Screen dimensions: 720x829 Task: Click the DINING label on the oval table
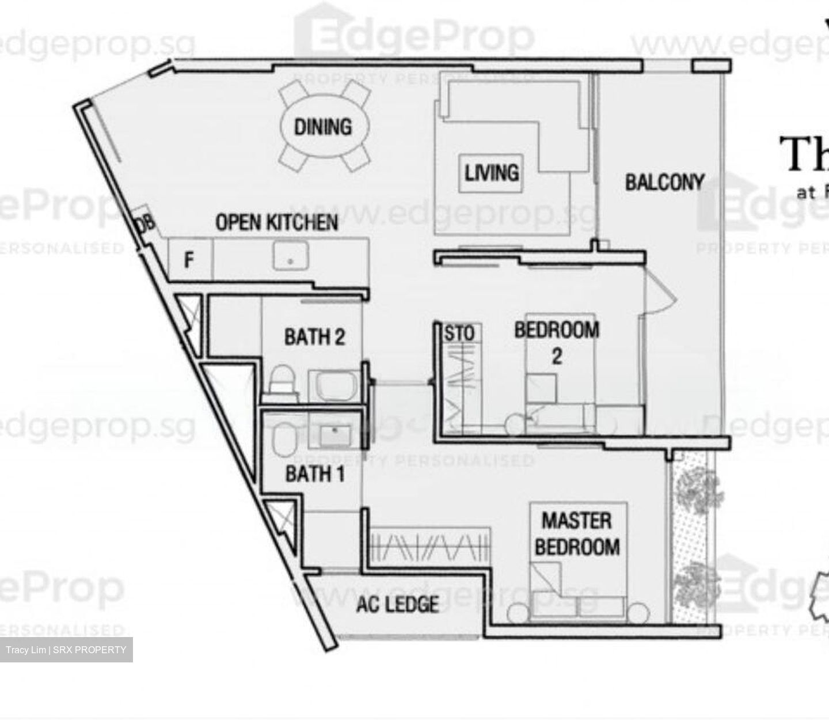(x=323, y=127)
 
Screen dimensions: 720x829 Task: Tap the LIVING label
(x=492, y=172)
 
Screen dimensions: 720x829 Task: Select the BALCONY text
(x=664, y=182)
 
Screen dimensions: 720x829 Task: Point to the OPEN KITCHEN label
(x=276, y=222)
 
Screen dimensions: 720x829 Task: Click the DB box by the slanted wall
(x=146, y=223)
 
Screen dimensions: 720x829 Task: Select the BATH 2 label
(x=314, y=336)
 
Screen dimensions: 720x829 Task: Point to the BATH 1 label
(x=315, y=474)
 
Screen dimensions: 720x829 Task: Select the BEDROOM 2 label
(x=556, y=342)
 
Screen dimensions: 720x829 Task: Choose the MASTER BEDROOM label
(x=577, y=534)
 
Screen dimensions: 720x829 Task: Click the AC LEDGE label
(x=397, y=604)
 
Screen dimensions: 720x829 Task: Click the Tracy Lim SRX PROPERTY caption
(x=66, y=650)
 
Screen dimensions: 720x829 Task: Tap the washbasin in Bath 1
(x=334, y=432)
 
